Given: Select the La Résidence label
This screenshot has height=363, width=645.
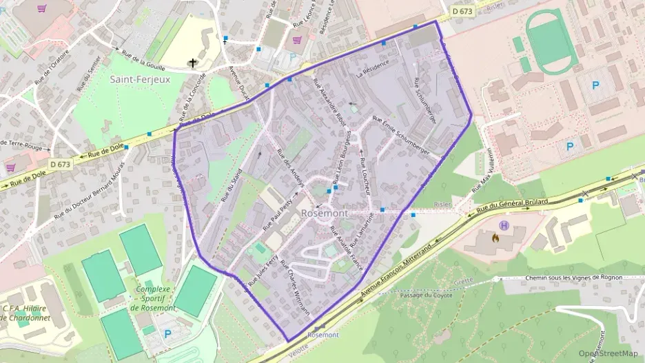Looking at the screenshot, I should pos(373,68).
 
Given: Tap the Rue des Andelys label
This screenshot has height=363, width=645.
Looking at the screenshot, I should pos(290,163).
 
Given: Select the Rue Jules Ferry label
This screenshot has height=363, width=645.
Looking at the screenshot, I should pos(263,271).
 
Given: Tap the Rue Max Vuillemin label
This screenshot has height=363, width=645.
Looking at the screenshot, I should pos(484,169).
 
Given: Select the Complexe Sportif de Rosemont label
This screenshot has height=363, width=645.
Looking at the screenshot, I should pos(153,298).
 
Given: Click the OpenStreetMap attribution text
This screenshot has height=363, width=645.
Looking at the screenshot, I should pos(608,353).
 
